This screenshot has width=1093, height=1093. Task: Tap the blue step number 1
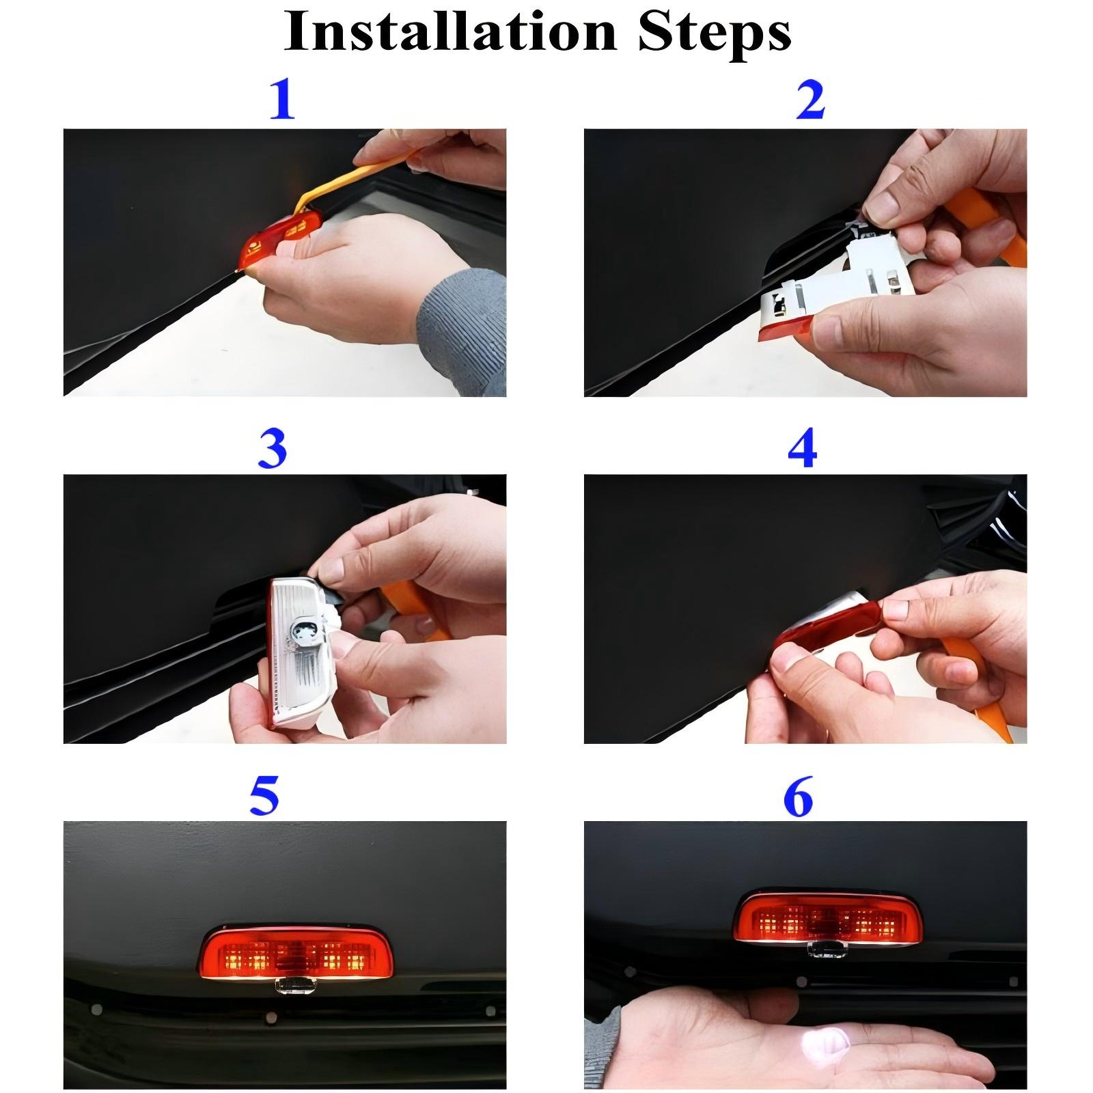pyautogui.click(x=282, y=100)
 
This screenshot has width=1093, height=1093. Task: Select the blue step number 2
pyautogui.click(x=810, y=100)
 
